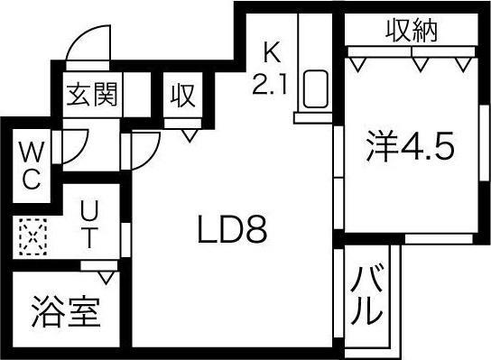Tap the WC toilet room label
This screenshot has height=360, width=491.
coord(30,164)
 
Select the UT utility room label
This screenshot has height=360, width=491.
coord(89,226)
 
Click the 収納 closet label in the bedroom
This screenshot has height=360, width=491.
coord(412,32)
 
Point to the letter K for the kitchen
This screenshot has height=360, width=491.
coord(272,51)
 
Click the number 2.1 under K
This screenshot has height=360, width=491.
coord(272,85)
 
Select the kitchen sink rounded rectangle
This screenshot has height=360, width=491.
coord(317,90)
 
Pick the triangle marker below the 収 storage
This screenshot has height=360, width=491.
coord(189,134)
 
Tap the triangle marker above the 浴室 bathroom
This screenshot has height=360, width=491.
coord(108,273)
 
